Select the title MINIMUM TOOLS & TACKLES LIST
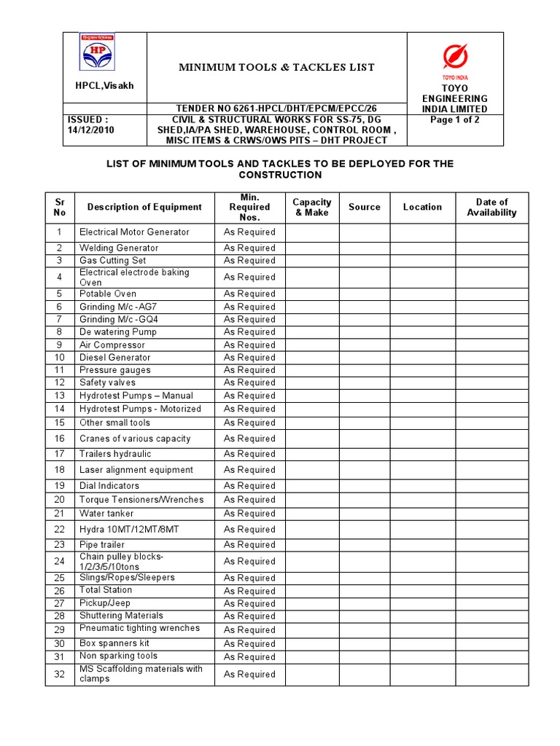pos(277,68)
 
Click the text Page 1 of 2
pos(455,120)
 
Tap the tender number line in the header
pos(276,109)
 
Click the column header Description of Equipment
pos(144,207)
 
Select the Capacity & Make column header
pos(312,208)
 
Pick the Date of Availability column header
pos(491,208)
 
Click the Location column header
pos(422,207)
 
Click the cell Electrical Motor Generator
pos(134,232)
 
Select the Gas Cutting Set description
pos(112,260)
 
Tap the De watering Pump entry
pos(117,332)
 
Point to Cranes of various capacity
pos(135,439)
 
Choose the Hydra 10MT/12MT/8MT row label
pos(129,530)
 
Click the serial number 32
pos(60,674)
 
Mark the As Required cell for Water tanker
pos(249,514)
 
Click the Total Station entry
pos(106,590)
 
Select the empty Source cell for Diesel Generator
pos(364,358)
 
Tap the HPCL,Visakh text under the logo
pos(105,86)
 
